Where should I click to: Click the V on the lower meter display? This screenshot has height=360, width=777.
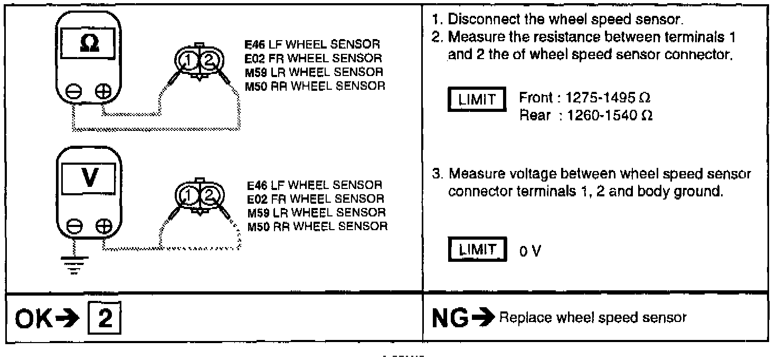pyautogui.click(x=90, y=177)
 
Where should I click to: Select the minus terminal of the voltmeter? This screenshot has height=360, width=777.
pyautogui.click(x=74, y=226)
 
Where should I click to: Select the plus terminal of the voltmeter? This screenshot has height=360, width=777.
pyautogui.click(x=103, y=226)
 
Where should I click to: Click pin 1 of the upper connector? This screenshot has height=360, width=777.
pyautogui.click(x=187, y=62)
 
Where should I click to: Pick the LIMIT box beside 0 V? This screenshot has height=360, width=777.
pyautogui.click(x=477, y=250)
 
